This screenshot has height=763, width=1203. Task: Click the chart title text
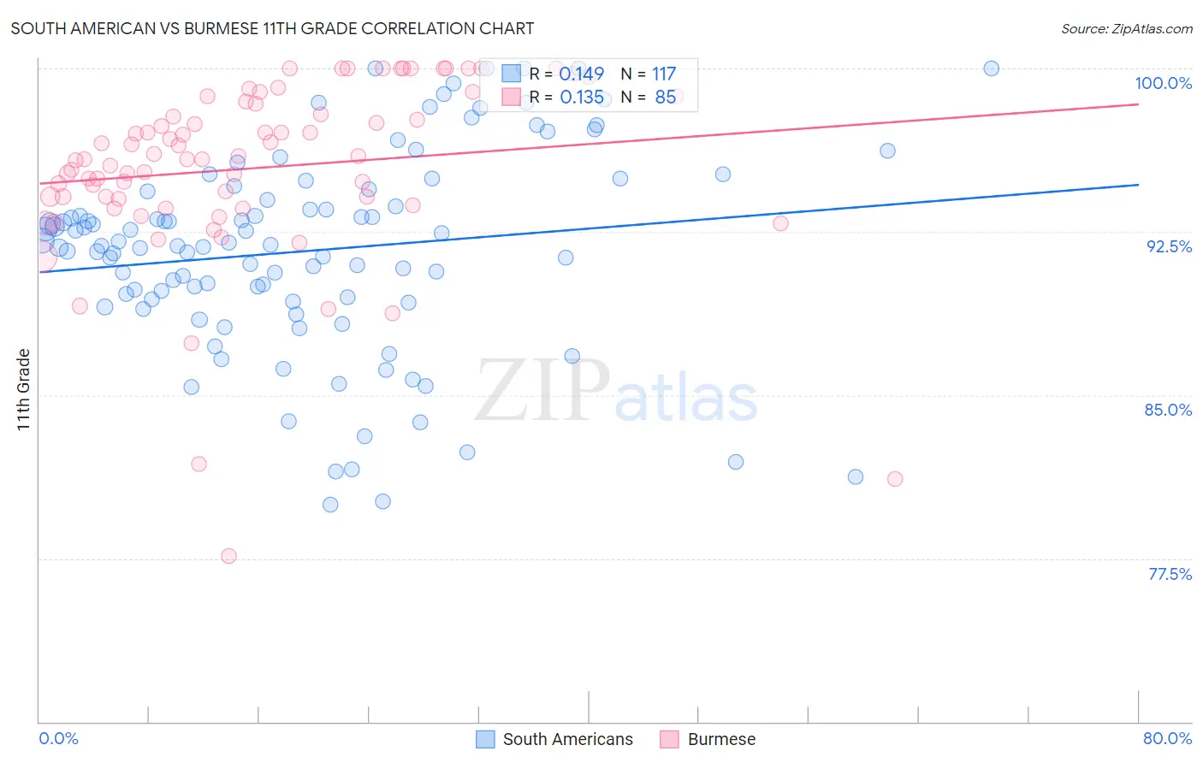(272, 28)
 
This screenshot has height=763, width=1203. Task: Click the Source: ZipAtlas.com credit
(1126, 28)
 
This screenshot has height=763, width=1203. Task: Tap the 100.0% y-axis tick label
(1163, 83)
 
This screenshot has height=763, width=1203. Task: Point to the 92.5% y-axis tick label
(1169, 246)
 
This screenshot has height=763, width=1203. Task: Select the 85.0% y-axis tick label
(1168, 410)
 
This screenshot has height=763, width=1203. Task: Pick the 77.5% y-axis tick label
(1170, 574)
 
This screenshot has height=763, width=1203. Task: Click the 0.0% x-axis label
(58, 738)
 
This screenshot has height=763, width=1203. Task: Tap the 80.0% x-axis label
(1167, 738)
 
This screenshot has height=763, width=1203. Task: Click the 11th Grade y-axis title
(24, 389)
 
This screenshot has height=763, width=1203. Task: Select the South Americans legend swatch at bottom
(486, 739)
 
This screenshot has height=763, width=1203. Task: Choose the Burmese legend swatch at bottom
(669, 739)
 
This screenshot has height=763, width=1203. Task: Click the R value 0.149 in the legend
(581, 74)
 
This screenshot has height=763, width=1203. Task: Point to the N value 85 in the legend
(665, 98)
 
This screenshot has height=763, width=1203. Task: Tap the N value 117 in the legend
(663, 74)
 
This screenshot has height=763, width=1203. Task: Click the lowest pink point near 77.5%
(228, 556)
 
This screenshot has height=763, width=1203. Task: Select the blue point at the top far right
(991, 68)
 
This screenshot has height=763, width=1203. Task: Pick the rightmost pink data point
(895, 479)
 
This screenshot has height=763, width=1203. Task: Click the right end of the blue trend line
(1138, 185)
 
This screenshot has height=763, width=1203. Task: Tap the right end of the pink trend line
(1138, 104)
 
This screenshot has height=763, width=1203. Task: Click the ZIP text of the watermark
(542, 392)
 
